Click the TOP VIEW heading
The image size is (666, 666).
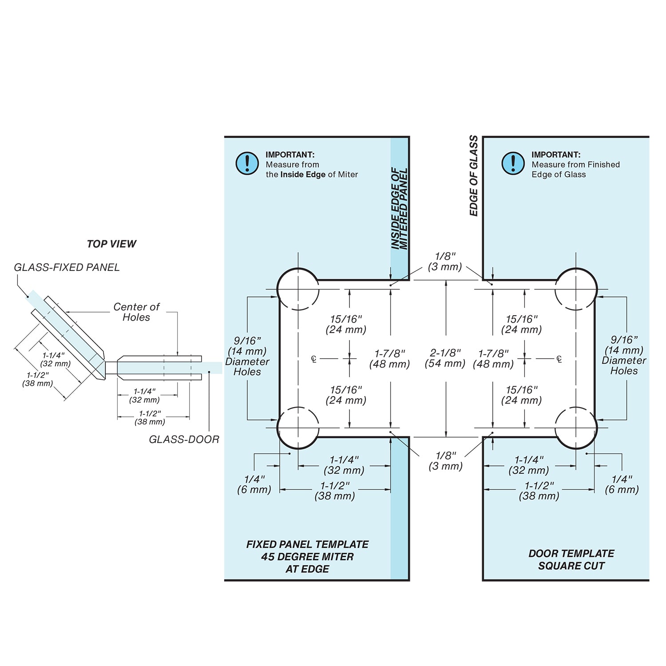point(111,244)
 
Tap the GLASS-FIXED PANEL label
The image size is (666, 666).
point(67,267)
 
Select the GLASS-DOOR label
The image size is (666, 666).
point(184,439)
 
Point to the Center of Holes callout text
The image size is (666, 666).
point(136,312)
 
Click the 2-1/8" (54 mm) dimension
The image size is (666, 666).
point(445,358)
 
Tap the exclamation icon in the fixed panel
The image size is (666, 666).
point(247,163)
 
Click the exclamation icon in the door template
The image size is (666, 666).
point(513,163)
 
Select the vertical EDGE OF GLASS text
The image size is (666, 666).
point(474,176)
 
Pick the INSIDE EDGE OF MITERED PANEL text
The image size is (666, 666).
point(399,209)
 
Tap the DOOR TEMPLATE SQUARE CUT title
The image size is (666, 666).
point(571,559)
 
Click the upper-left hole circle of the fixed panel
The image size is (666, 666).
point(298,289)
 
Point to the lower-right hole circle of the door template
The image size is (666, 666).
point(576,428)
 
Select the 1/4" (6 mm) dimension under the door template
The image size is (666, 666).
point(622,484)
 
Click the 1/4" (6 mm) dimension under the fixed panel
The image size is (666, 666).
point(254,484)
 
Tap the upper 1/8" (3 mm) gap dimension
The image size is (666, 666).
point(445,261)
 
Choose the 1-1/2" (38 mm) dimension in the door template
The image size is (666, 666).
point(539,491)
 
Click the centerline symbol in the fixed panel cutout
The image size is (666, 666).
point(314,359)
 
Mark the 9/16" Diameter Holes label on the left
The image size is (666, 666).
point(247,356)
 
